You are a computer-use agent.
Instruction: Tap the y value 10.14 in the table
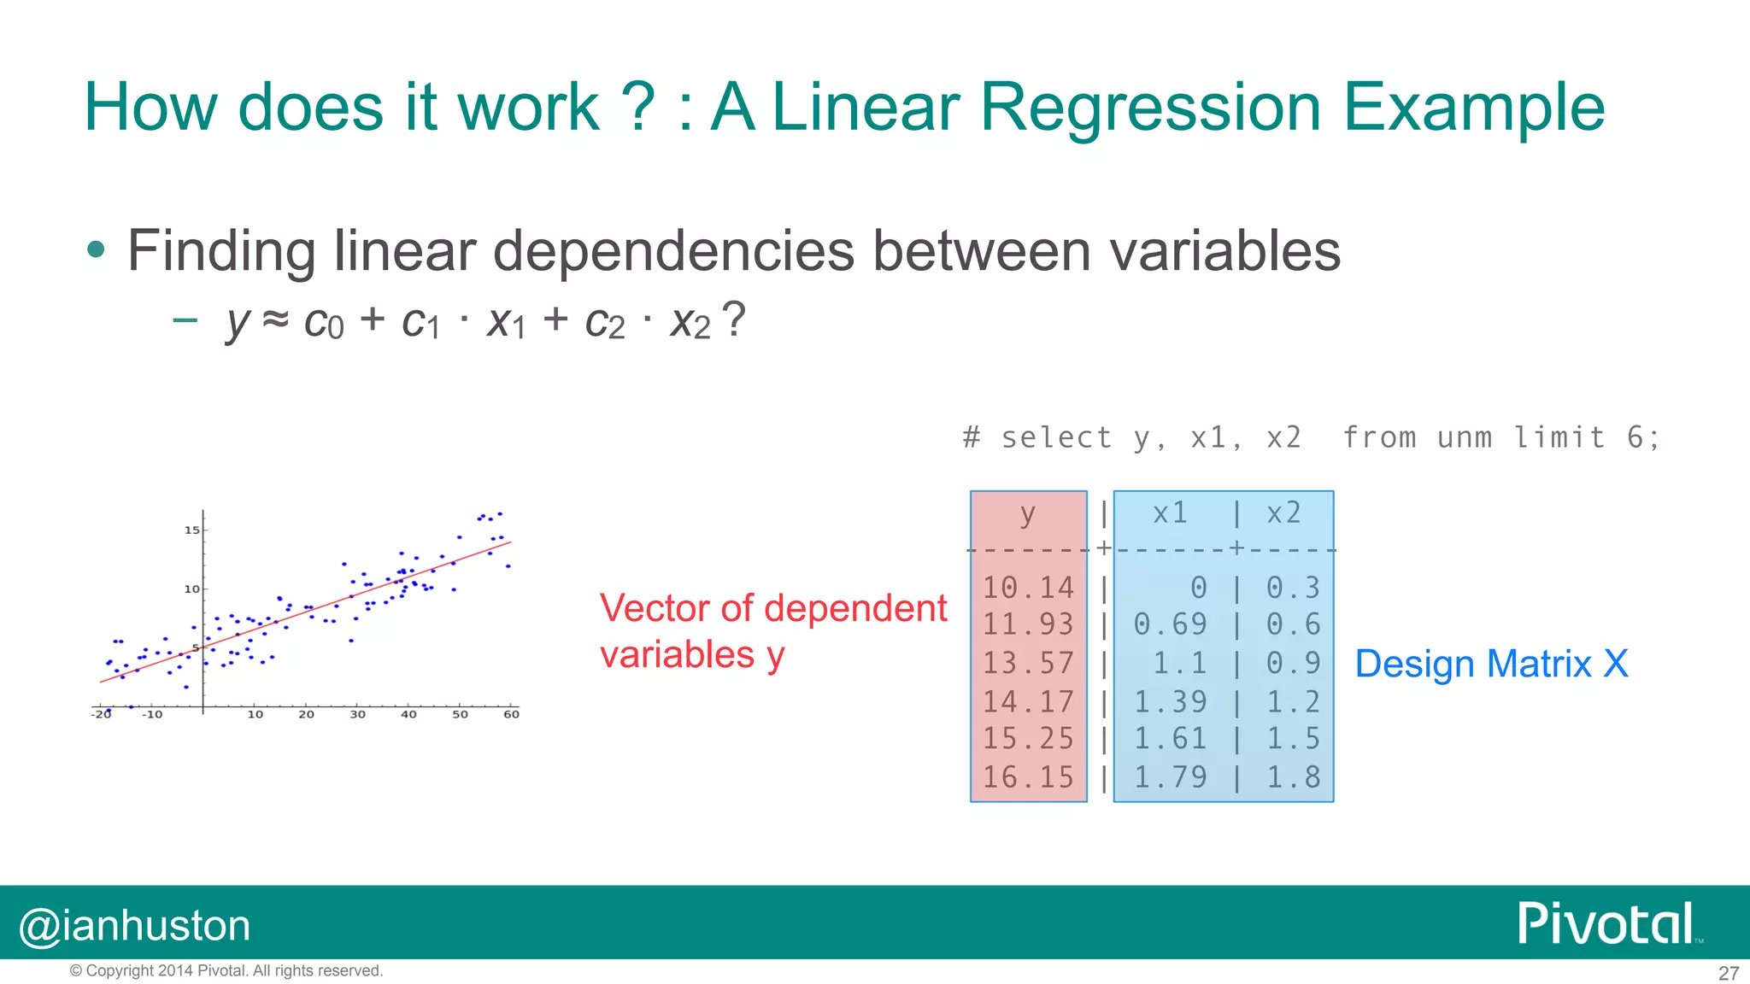coord(1028,588)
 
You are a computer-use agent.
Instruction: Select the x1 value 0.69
coord(1170,624)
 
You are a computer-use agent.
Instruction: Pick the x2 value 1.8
coord(1293,777)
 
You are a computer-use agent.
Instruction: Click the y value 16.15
coord(1028,777)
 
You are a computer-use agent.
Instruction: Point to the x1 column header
coord(1170,512)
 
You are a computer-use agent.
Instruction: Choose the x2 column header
coord(1283,512)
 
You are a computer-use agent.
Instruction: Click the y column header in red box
coord(1027,514)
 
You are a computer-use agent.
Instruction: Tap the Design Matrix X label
coord(1491,664)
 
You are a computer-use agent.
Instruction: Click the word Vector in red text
coord(654,608)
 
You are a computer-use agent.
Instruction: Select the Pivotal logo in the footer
coord(1606,923)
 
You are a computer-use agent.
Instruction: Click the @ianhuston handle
coord(135,926)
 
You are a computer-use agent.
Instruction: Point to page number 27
coord(1728,973)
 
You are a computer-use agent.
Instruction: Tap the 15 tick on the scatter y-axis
coord(191,530)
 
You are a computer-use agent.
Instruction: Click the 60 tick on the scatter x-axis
coord(511,714)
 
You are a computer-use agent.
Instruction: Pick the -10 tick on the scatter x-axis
coord(151,714)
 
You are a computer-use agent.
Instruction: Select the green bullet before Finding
coord(96,250)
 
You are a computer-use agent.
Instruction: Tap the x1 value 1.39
coord(1170,702)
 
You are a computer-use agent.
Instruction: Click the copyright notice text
coord(226,970)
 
